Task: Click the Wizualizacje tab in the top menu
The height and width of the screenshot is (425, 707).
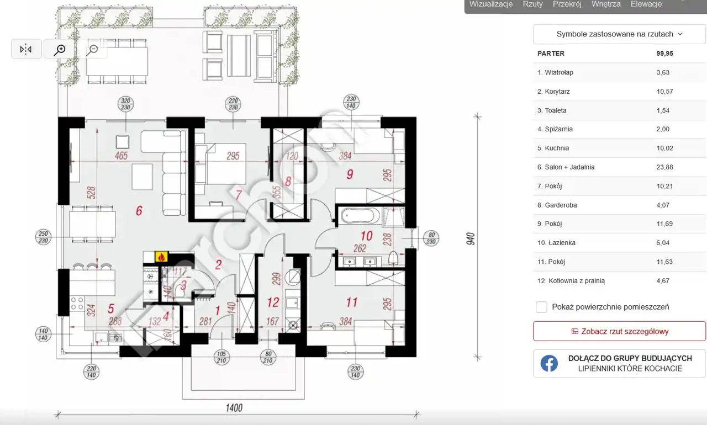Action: [x=491, y=4]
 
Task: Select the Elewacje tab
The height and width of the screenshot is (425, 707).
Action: [x=646, y=4]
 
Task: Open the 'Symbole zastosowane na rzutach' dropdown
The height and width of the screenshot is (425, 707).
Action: [x=619, y=34]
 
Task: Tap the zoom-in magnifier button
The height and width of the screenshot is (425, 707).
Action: [x=59, y=49]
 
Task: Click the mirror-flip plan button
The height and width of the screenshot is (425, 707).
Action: [x=26, y=49]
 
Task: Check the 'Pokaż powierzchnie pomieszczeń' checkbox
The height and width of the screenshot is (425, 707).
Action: [x=542, y=307]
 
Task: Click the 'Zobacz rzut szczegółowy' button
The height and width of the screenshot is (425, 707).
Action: [x=619, y=331]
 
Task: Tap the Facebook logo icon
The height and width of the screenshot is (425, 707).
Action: [x=549, y=363]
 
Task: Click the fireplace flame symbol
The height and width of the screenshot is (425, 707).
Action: [x=161, y=257]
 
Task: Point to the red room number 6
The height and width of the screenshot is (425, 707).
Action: [x=139, y=211]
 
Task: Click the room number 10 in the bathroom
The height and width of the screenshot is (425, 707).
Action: [x=366, y=236]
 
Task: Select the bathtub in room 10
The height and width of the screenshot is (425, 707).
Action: [x=360, y=216]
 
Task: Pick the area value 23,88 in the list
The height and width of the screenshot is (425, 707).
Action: [x=664, y=167]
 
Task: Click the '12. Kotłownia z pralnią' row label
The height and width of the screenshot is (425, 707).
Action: [x=571, y=280]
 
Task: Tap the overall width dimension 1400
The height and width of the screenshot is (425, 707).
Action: [x=234, y=408]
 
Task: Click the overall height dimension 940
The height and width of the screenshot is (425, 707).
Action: [x=470, y=238]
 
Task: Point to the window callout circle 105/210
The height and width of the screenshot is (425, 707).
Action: [x=221, y=357]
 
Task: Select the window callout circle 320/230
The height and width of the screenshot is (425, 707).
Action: [x=125, y=104]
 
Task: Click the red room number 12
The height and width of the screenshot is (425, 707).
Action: [x=273, y=302]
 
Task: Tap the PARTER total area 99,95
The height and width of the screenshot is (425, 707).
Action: [x=664, y=54]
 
